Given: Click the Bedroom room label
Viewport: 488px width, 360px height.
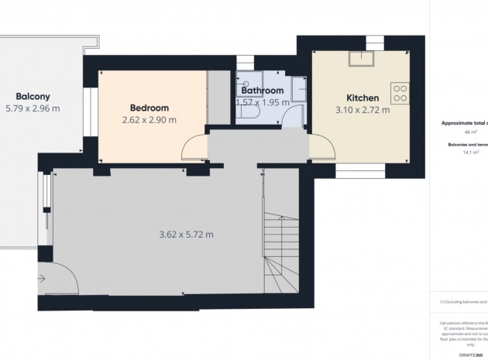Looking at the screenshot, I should click(x=149, y=108).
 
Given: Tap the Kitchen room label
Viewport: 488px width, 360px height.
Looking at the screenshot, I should click(x=362, y=98).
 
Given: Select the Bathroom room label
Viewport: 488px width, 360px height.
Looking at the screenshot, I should click(x=262, y=91).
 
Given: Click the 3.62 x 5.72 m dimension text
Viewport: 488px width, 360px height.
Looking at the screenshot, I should click(x=186, y=235).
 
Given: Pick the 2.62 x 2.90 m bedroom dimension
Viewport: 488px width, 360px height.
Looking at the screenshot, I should click(x=149, y=120).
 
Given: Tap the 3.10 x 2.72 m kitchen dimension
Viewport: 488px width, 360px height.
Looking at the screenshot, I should click(x=362, y=110).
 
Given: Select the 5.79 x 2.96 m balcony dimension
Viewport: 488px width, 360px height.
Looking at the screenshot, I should click(x=33, y=109).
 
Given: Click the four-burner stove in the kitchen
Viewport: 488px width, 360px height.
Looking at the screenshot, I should click(x=400, y=94).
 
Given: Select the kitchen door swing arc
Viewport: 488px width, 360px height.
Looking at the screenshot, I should click(x=320, y=146).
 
